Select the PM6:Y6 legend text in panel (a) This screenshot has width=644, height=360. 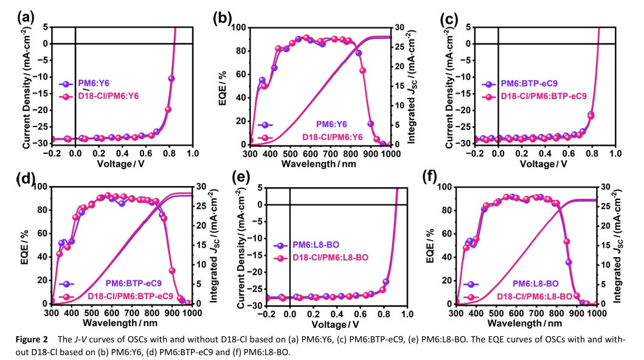coord(93,84)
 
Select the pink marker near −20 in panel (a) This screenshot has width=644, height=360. coord(168,109)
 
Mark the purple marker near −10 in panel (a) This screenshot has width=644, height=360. coord(171,78)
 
